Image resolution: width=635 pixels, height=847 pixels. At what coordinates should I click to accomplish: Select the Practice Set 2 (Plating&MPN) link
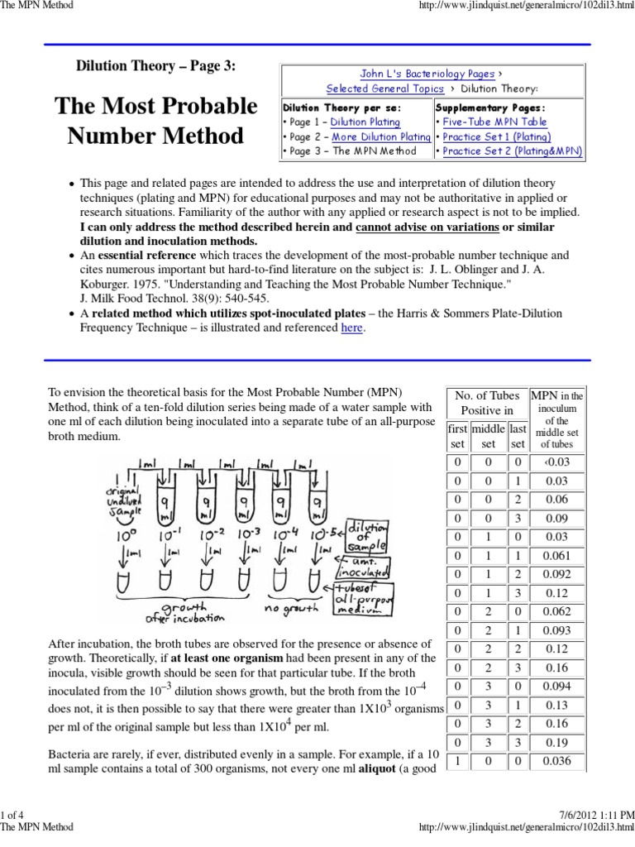click(512, 151)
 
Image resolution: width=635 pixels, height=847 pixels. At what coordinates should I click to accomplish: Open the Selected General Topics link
click(385, 89)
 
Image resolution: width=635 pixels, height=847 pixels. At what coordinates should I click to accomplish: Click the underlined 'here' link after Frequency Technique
click(352, 328)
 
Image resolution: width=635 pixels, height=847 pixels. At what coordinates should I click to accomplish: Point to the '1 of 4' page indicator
click(16, 816)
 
